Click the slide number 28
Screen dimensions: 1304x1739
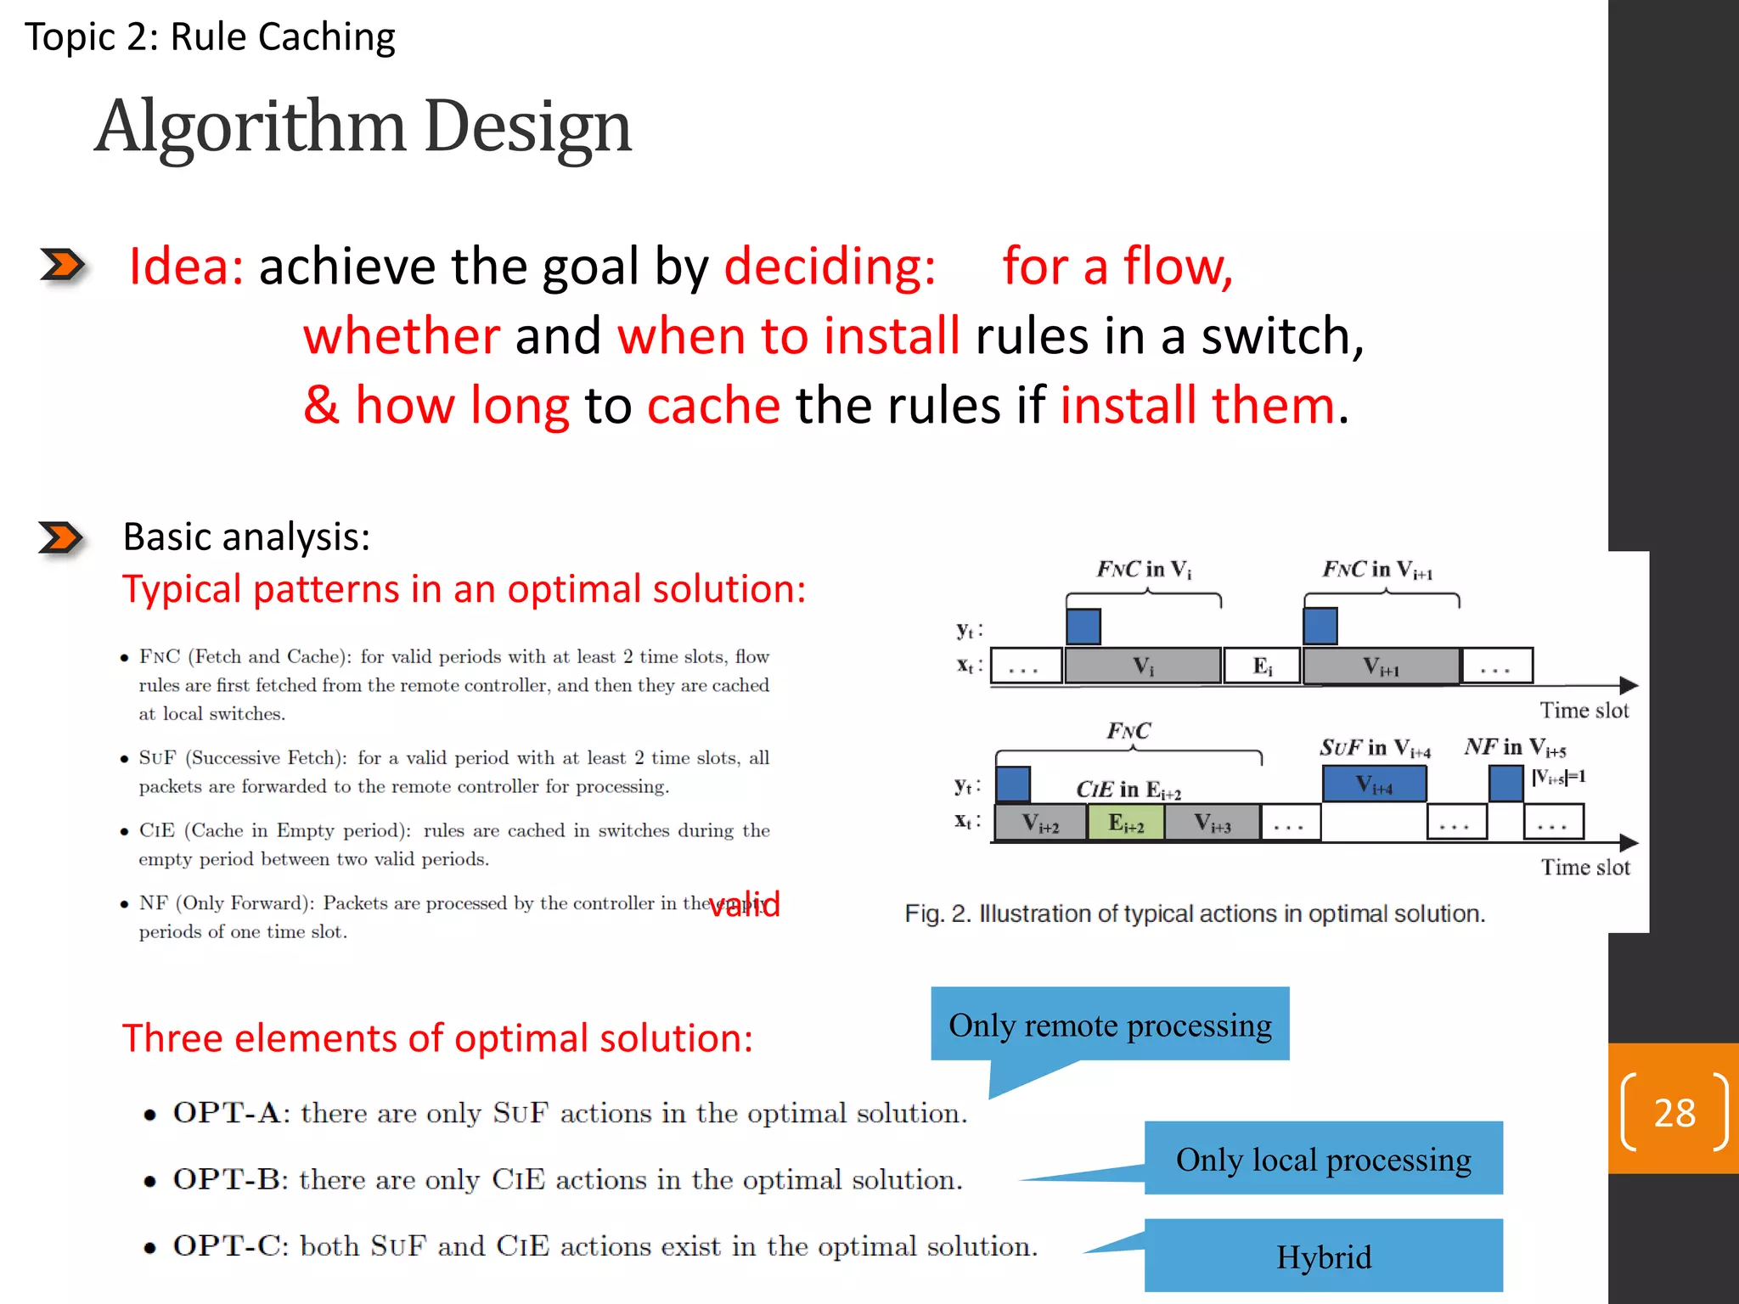point(1674,1112)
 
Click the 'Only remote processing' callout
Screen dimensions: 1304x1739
point(1110,1025)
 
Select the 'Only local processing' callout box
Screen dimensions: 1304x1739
point(1323,1159)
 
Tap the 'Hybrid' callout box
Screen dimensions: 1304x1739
point(1323,1256)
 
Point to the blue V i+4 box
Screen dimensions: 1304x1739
point(1374,784)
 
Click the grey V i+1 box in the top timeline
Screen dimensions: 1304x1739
point(1381,666)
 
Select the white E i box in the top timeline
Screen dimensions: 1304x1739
point(1263,666)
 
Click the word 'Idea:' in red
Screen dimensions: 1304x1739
point(186,267)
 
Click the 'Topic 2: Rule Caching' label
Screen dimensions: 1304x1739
point(210,37)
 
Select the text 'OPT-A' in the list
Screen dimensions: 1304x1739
point(226,1113)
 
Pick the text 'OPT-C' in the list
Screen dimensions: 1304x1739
point(226,1246)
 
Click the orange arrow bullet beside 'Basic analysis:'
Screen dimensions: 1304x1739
point(61,537)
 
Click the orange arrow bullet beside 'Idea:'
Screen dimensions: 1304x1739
point(63,265)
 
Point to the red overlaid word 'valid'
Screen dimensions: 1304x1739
point(745,904)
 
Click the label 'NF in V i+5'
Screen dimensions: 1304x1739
point(1516,747)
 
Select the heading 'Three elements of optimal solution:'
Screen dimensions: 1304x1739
point(437,1038)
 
